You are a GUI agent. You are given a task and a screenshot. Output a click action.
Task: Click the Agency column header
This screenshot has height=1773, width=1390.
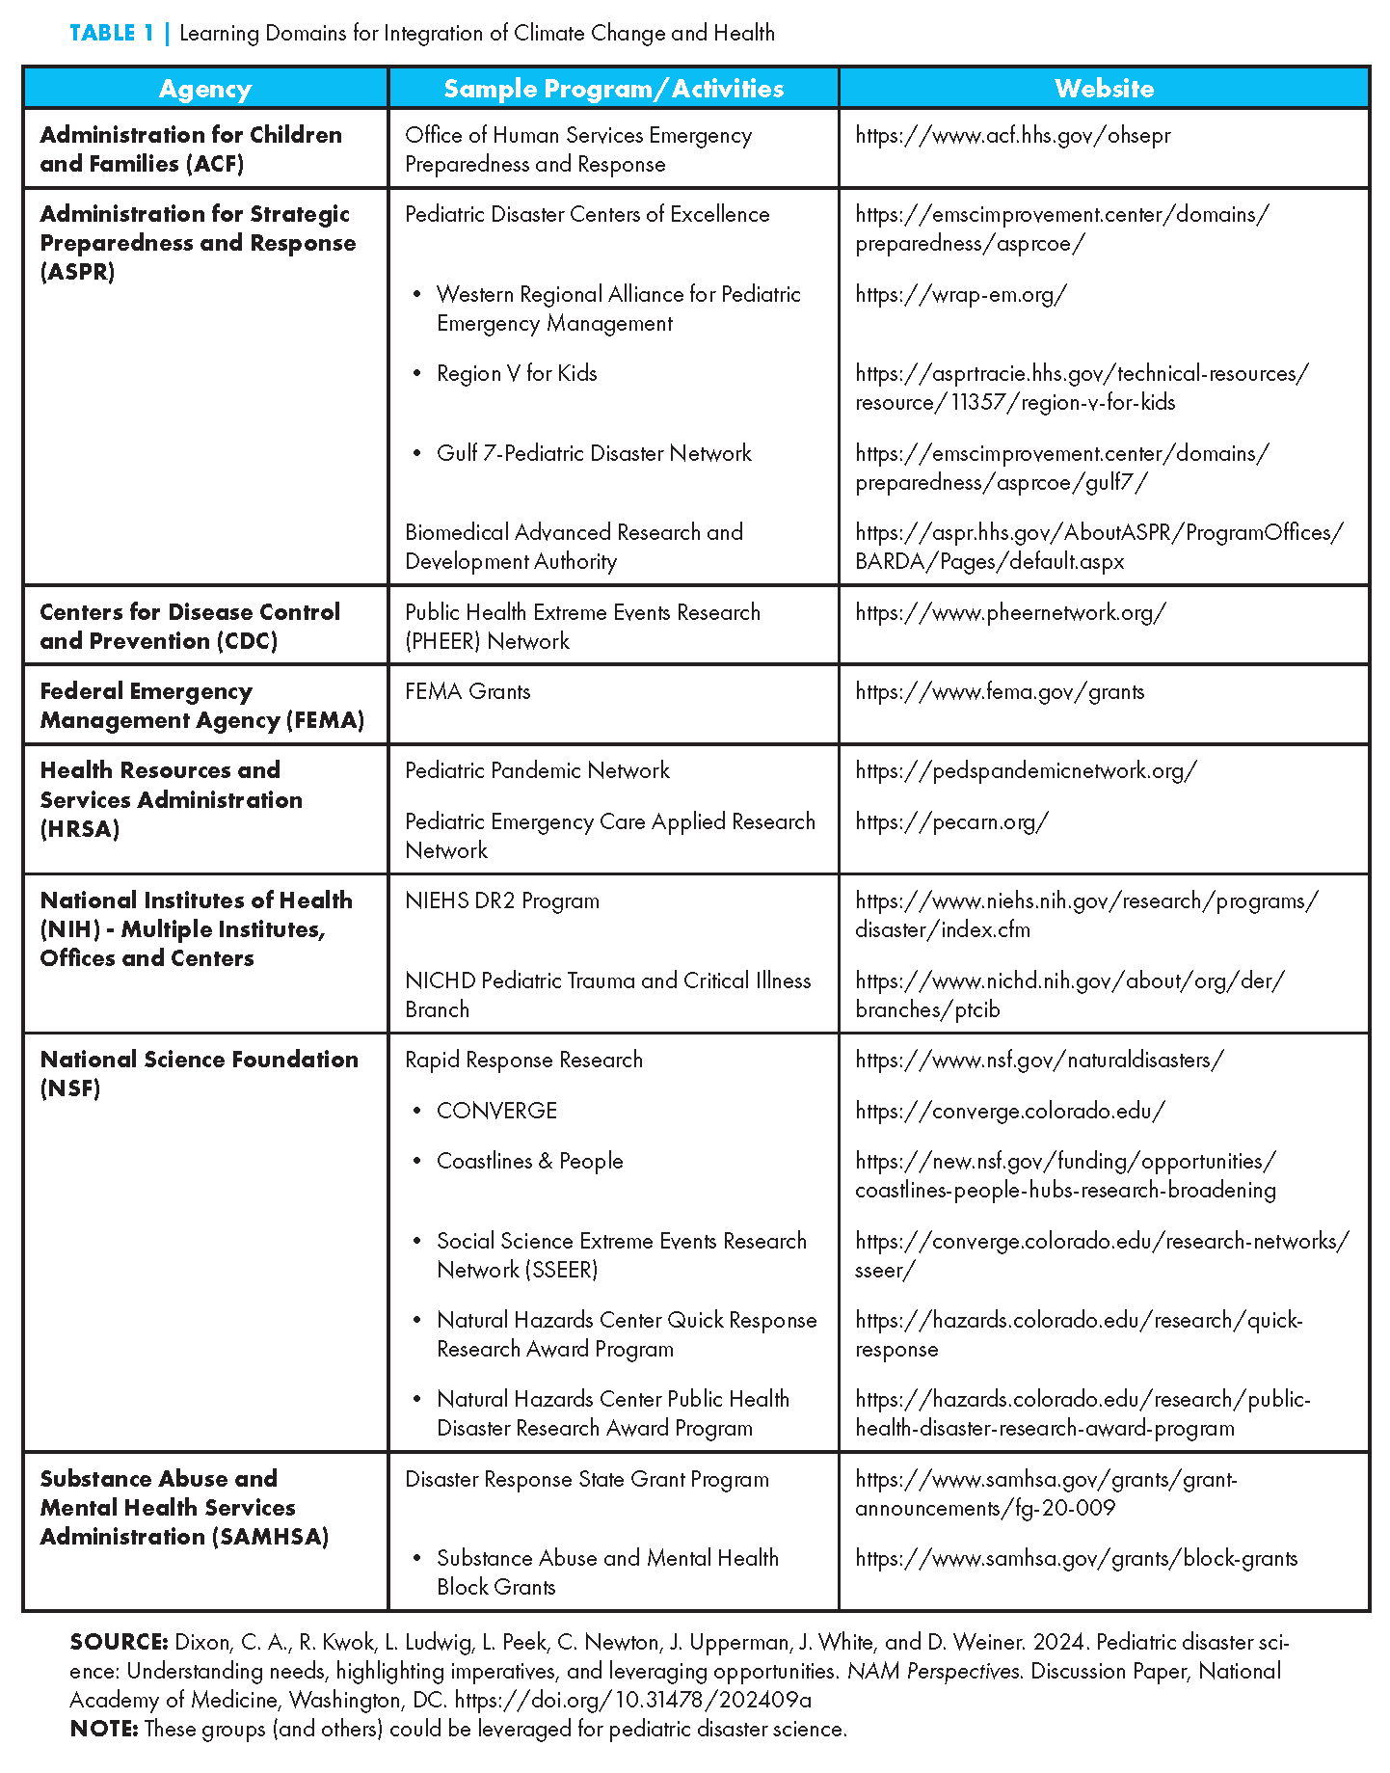tap(205, 89)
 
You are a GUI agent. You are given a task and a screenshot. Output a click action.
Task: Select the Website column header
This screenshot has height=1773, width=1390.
tap(1104, 89)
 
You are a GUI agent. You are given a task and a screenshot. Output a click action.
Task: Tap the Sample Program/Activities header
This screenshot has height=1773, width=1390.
tap(613, 89)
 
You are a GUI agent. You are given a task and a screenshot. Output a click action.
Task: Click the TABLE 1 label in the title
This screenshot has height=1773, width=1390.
tap(112, 34)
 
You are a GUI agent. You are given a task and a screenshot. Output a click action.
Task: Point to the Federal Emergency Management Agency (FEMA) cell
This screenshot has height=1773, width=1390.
tap(201, 706)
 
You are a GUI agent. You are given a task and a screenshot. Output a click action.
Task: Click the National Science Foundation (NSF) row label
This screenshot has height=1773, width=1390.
tap(199, 1073)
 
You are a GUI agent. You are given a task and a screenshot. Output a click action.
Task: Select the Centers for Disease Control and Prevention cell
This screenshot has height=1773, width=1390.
tap(190, 626)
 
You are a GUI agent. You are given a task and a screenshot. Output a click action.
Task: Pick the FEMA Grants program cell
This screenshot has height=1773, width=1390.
tap(468, 691)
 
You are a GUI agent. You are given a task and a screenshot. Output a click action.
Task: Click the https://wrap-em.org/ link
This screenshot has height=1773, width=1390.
tap(960, 294)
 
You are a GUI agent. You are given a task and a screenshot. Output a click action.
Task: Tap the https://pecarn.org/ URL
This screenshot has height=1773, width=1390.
tap(951, 821)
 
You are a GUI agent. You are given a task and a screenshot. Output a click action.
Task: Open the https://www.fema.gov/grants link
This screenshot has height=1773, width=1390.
tap(1000, 691)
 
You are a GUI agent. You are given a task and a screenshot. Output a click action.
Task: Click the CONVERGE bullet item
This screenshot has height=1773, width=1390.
tap(496, 1111)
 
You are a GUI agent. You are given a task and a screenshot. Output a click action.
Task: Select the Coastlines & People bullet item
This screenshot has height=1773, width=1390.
tap(529, 1161)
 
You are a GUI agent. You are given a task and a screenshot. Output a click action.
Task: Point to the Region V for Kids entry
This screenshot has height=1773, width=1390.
tap(517, 373)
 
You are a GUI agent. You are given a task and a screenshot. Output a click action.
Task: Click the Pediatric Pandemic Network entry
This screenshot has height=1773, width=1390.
tap(537, 770)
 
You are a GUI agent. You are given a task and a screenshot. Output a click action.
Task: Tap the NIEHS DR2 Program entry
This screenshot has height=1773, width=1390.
tap(502, 900)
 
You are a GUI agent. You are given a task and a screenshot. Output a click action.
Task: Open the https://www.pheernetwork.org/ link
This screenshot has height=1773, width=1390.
tap(1010, 612)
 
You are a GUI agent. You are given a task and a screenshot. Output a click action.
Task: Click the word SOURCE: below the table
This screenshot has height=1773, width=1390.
tap(120, 1642)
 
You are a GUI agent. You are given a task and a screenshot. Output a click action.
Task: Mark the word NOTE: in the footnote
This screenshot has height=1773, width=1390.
tap(104, 1729)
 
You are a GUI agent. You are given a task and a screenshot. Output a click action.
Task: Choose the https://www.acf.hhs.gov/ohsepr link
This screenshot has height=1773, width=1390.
tap(1012, 135)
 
